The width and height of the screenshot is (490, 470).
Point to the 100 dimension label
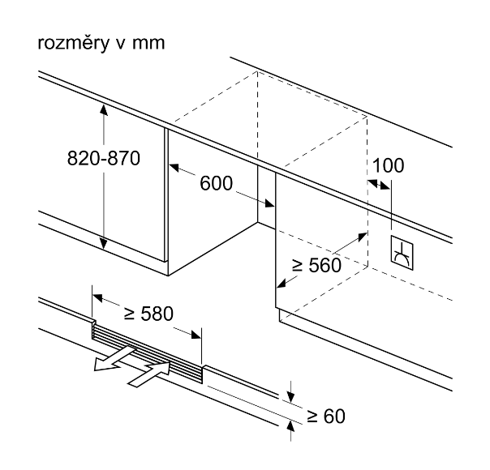click(x=389, y=165)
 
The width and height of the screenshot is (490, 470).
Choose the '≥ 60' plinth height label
click(x=327, y=417)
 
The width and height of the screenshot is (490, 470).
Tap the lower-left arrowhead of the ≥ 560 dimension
click(x=281, y=284)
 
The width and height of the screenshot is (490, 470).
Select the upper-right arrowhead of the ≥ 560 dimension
click(x=360, y=234)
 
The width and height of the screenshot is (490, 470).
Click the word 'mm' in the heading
click(x=148, y=43)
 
